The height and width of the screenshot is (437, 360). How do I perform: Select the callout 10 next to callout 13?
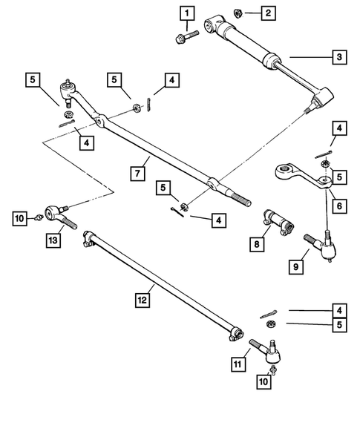19,217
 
